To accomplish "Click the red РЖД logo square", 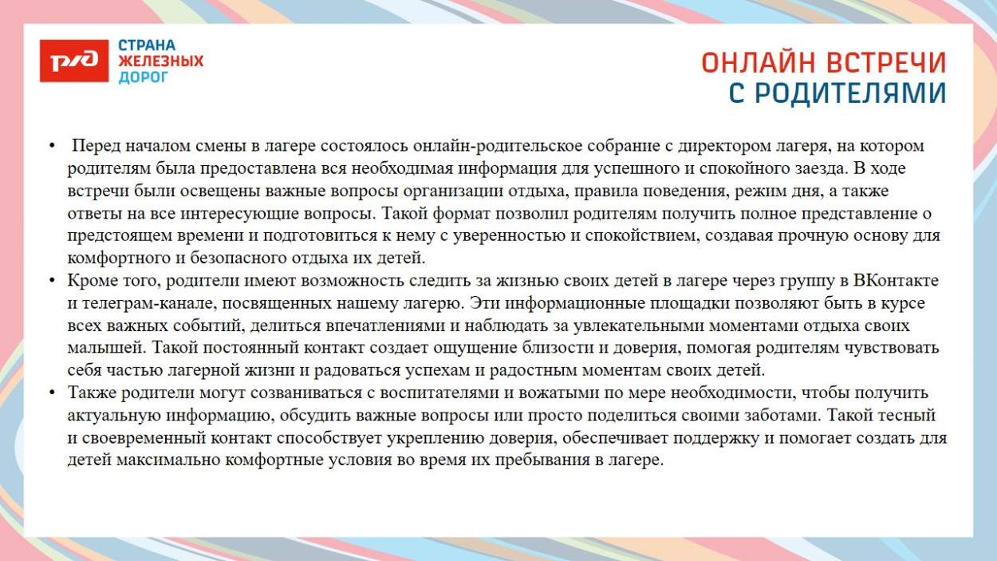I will tap(73, 61).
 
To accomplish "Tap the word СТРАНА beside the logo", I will tap(147, 45).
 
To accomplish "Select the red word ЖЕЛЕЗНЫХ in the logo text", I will tap(161, 61).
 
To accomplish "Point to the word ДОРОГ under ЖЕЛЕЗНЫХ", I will tap(144, 77).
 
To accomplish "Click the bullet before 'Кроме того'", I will tap(52, 281).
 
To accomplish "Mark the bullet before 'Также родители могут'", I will tap(52, 393).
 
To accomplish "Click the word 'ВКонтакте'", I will tap(896, 281).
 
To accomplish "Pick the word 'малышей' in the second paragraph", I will tap(105, 349).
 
